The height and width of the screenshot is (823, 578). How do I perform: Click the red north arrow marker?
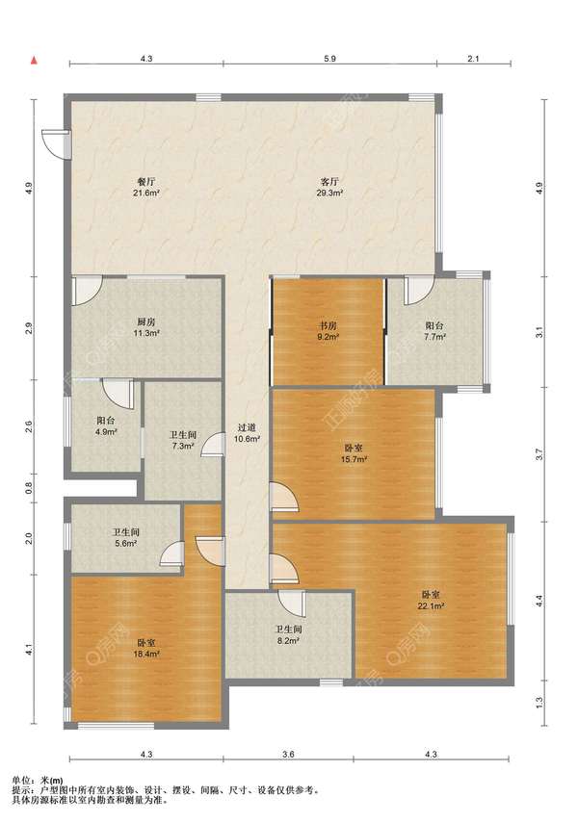click(x=34, y=61)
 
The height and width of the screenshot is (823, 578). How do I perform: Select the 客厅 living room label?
click(x=329, y=182)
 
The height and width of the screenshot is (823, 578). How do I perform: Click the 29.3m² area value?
click(x=329, y=193)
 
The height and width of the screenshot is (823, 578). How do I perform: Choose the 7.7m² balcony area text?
click(x=434, y=337)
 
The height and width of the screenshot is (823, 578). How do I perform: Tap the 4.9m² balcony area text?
click(x=106, y=432)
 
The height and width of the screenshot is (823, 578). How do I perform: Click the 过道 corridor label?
click(x=247, y=427)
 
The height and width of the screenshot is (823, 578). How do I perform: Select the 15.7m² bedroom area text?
click(x=354, y=459)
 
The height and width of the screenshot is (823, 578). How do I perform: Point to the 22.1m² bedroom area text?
click(x=431, y=605)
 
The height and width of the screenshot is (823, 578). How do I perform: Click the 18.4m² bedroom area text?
click(x=146, y=654)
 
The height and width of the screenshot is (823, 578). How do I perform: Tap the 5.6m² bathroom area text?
click(x=126, y=544)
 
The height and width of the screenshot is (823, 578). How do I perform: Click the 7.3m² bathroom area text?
click(x=183, y=446)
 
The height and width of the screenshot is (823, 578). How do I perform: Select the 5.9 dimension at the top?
click(x=329, y=59)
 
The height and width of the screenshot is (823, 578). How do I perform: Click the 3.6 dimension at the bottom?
click(x=288, y=755)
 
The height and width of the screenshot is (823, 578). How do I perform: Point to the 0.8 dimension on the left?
click(x=30, y=488)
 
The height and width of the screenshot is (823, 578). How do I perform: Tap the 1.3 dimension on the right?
click(x=539, y=702)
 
